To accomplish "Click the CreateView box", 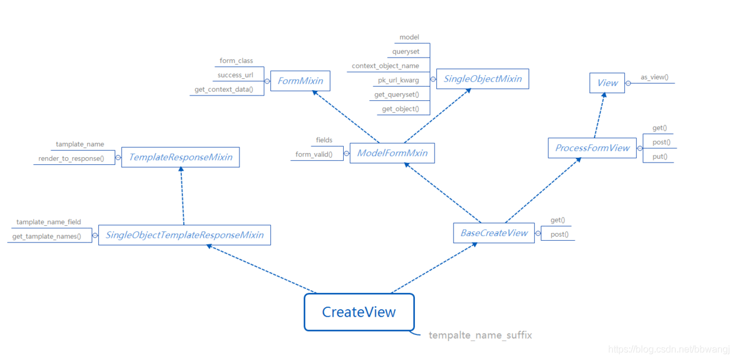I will pyautogui.click(x=359, y=312).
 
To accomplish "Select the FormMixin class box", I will pyautogui.click(x=300, y=81).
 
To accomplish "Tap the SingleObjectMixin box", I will pyautogui.click(x=482, y=79).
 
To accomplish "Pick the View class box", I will pyautogui.click(x=607, y=83).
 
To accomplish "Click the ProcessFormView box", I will pyautogui.click(x=592, y=148).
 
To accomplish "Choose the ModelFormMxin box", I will pyautogui.click(x=392, y=153).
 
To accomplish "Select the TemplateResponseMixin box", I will pyautogui.click(x=180, y=157).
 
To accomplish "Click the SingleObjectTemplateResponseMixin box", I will pyautogui.click(x=184, y=235).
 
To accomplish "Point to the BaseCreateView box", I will pyautogui.click(x=494, y=233).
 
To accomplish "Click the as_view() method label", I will pyautogui.click(x=654, y=77).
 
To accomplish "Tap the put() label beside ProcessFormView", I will pyautogui.click(x=660, y=157).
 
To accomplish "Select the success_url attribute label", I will pyautogui.click(x=235, y=75).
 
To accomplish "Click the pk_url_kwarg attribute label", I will pyautogui.click(x=398, y=80).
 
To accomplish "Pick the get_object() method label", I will pyautogui.click(x=400, y=109).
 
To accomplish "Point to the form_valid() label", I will pyautogui.click(x=314, y=154).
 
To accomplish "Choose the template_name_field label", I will pyautogui.click(x=49, y=222).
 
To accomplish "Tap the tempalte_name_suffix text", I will pyautogui.click(x=480, y=335).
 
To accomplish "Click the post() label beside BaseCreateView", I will pyautogui.click(x=559, y=234).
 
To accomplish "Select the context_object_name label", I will pyautogui.click(x=385, y=66).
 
